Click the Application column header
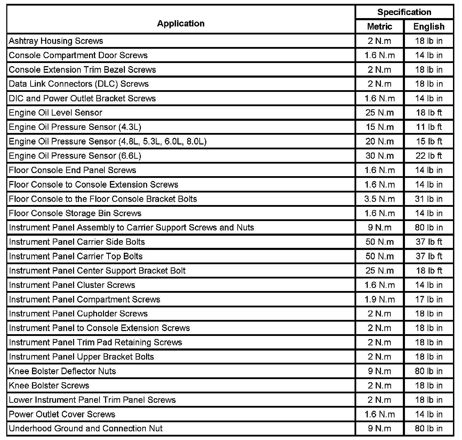point(181,23)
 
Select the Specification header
point(404,12)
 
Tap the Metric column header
point(380,26)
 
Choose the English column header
point(429,26)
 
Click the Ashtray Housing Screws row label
point(56,41)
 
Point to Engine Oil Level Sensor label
point(56,112)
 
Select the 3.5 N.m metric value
point(380,199)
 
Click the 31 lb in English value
point(429,199)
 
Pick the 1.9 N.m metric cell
point(380,299)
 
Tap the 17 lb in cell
point(429,299)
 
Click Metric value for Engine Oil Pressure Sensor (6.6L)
point(380,156)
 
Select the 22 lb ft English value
point(429,156)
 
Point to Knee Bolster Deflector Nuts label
point(63,371)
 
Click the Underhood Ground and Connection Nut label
point(86,429)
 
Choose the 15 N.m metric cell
point(380,127)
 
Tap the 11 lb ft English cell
point(429,127)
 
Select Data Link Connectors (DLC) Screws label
point(79,84)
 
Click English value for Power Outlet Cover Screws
point(429,414)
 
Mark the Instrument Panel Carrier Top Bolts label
point(76,256)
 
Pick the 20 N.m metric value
point(380,141)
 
